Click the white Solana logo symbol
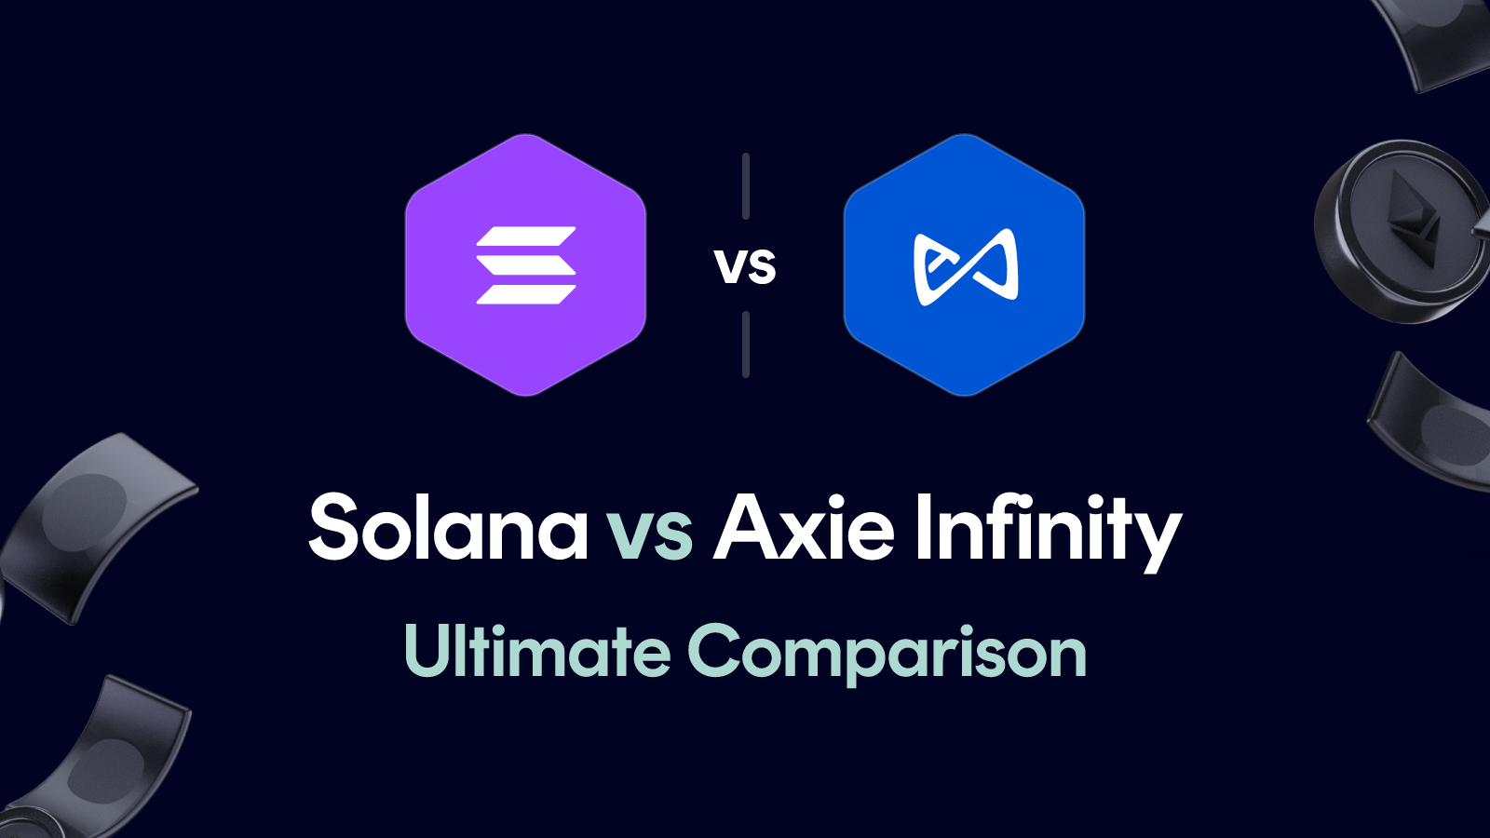click(x=526, y=265)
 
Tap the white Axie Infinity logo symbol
click(x=966, y=267)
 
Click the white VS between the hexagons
click(x=745, y=267)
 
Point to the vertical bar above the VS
click(x=746, y=186)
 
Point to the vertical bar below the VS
click(x=746, y=345)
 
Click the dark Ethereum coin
click(x=1397, y=233)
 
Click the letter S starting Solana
click(x=334, y=527)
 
